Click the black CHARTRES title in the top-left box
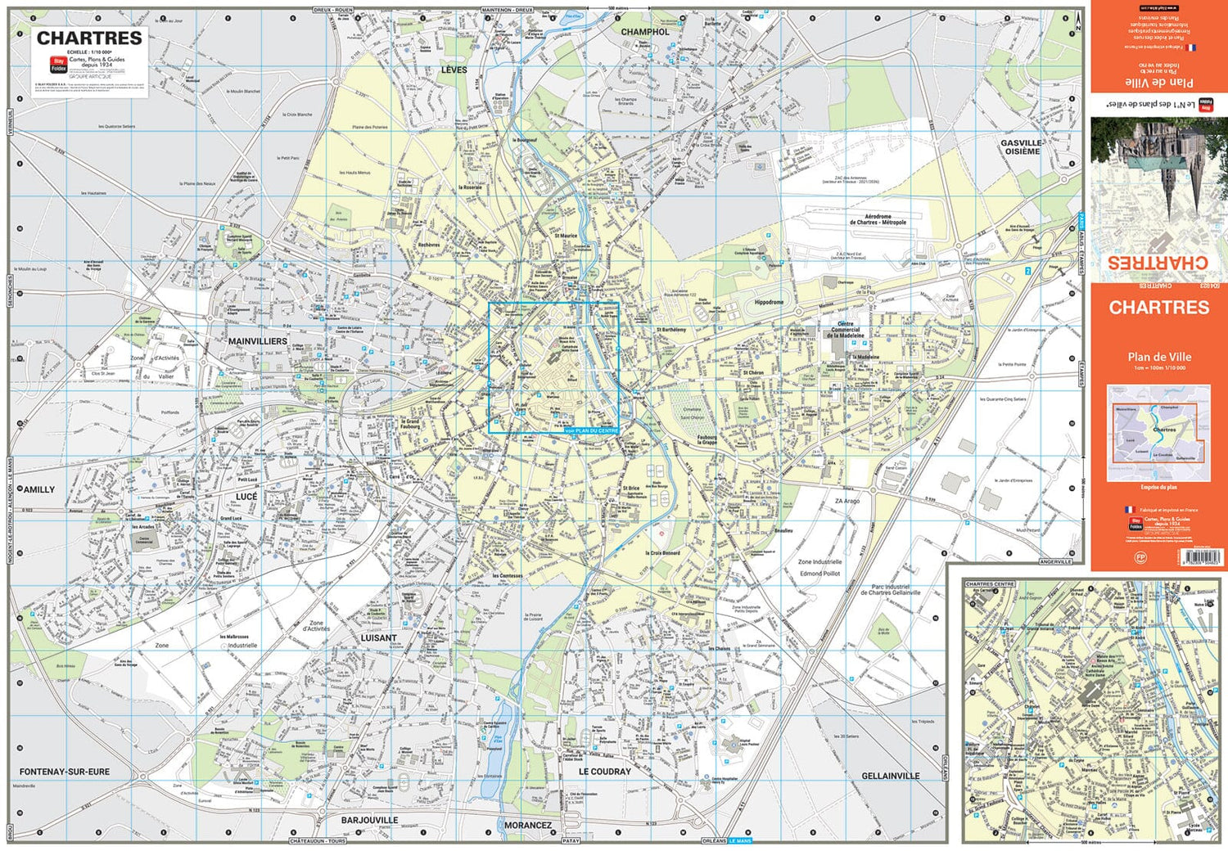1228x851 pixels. coord(89,38)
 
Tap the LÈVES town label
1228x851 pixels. coord(454,70)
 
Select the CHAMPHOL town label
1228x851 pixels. coord(644,32)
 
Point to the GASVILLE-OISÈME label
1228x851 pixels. coord(1021,147)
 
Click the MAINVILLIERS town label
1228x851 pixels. coord(258,341)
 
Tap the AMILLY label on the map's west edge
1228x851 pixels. coord(38,489)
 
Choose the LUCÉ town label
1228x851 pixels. coord(246,497)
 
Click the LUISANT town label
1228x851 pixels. coord(379,637)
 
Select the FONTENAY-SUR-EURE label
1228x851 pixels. coord(65,772)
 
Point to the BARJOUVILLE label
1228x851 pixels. coord(369,820)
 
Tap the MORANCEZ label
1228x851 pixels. coord(527,826)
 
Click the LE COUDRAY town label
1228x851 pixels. coord(605,772)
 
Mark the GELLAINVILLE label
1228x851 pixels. coord(891,776)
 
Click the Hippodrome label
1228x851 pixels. coord(769,302)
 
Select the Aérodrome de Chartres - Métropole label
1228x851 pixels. coord(878,220)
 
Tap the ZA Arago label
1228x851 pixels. coord(847,501)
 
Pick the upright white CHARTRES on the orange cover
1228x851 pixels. coord(1158,308)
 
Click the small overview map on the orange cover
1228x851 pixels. coord(1158,433)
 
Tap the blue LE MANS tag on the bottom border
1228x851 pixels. coord(739,840)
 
